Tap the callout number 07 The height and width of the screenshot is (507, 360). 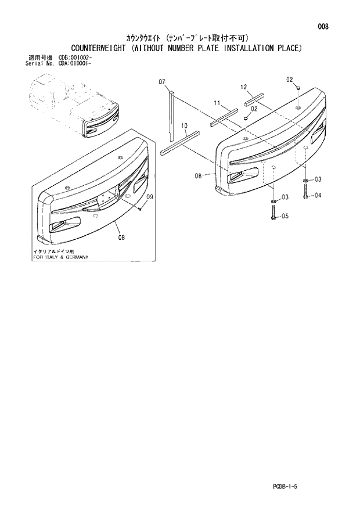[x=162, y=81]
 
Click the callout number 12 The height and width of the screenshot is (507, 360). [x=244, y=87]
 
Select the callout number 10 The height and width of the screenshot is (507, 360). [x=185, y=125]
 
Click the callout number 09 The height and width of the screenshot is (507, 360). [x=149, y=197]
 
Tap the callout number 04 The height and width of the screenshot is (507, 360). [x=318, y=196]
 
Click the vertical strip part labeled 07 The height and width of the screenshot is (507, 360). [x=172, y=116]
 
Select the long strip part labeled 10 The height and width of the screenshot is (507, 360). [x=179, y=143]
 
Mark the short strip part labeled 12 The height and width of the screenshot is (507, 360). [x=254, y=98]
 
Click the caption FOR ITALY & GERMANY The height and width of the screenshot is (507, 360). [x=61, y=257]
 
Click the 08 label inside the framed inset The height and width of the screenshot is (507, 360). [x=121, y=236]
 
